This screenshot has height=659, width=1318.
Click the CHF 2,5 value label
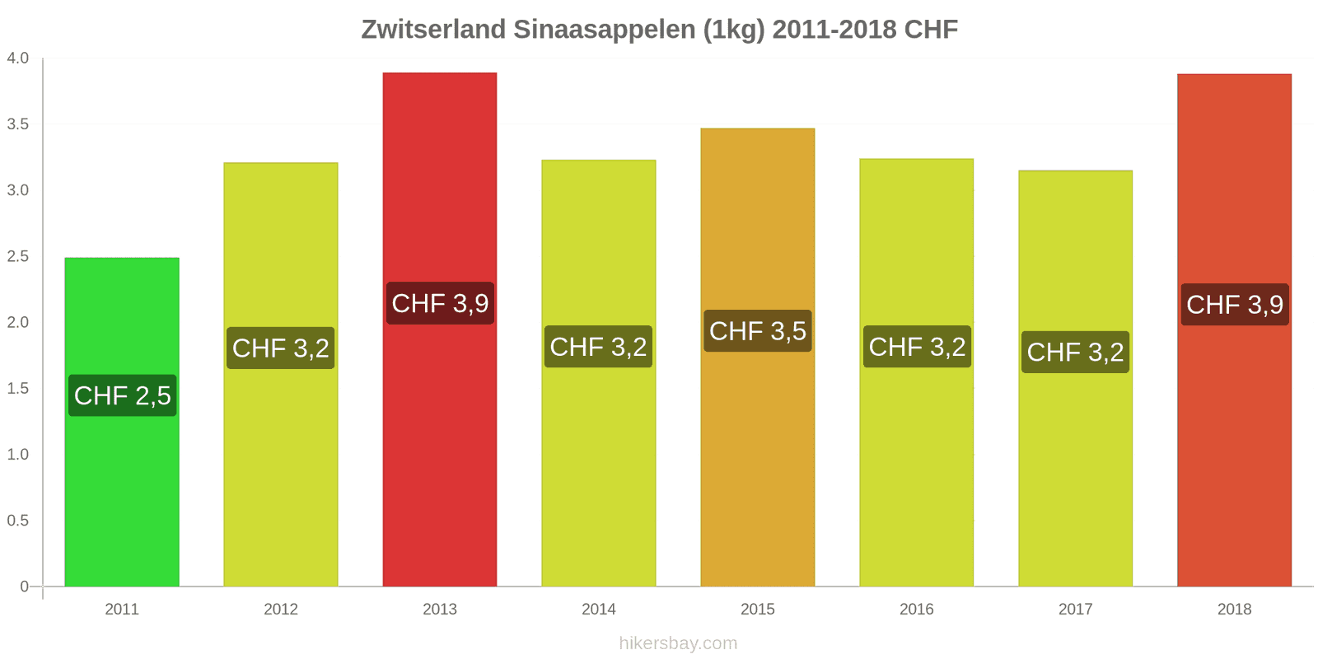(123, 395)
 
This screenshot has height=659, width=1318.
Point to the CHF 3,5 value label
(758, 331)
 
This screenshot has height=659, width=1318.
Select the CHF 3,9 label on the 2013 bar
(440, 303)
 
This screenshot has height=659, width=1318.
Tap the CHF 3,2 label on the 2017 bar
(1075, 353)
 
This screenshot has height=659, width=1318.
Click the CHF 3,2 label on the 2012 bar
(281, 348)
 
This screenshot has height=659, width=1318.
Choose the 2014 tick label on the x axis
(599, 610)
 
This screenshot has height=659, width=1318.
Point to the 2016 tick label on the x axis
(916, 610)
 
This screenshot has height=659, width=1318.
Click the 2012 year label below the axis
(281, 610)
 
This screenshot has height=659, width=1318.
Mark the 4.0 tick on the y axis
(18, 58)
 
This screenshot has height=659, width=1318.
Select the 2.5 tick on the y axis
(18, 256)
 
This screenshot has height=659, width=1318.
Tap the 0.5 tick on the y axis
(18, 521)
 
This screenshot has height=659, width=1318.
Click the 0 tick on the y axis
(25, 587)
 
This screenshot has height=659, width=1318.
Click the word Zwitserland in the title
(433, 30)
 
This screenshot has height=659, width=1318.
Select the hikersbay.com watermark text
(678, 643)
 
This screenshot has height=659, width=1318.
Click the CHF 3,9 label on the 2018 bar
(1234, 305)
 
